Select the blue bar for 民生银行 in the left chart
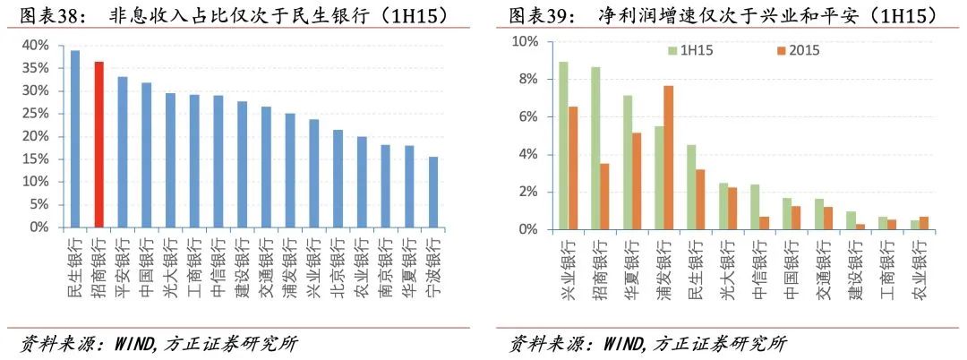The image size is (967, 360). (x=75, y=139)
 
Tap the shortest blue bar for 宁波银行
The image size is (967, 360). (x=433, y=193)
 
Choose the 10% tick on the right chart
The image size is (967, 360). (x=525, y=42)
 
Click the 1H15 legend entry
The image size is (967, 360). (x=689, y=50)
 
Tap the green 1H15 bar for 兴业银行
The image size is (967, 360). (x=563, y=146)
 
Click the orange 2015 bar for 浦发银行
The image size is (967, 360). (x=669, y=158)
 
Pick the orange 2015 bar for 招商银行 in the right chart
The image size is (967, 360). (x=604, y=196)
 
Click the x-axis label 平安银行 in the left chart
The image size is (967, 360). (x=123, y=261)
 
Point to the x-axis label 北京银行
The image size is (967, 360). (x=338, y=261)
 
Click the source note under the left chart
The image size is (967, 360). (x=158, y=343)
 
